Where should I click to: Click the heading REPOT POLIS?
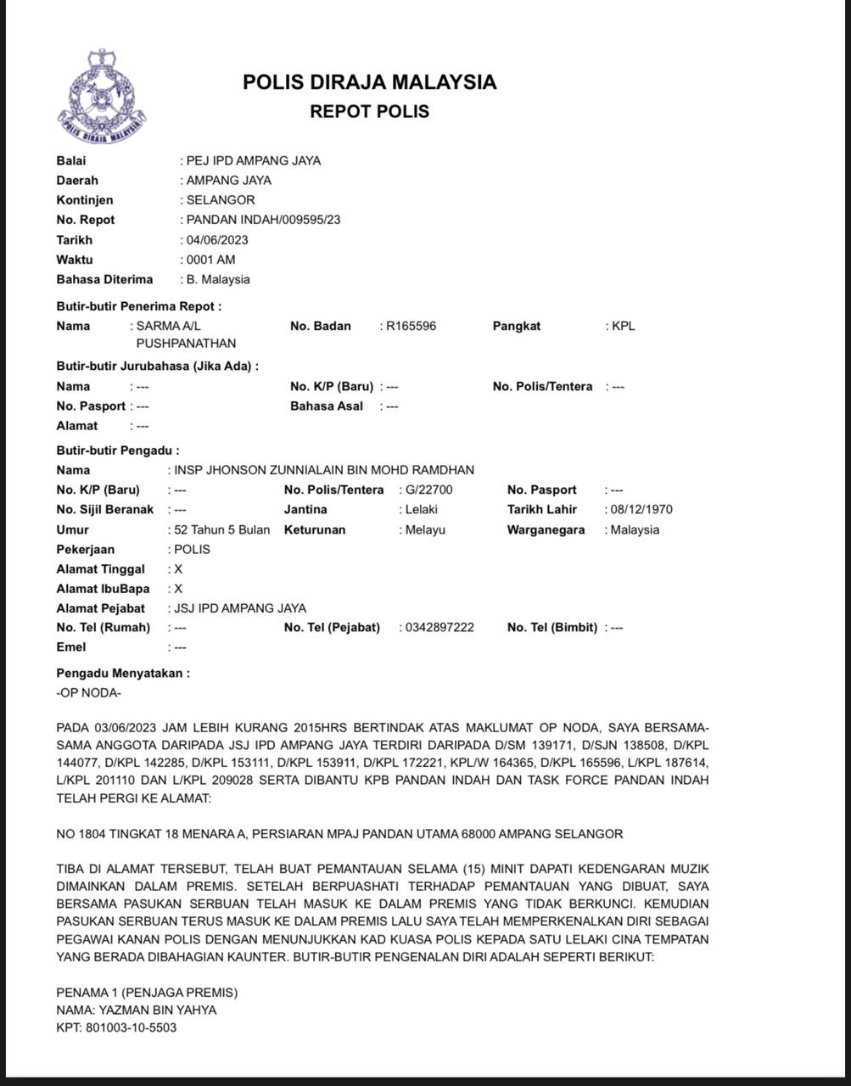pos(369,111)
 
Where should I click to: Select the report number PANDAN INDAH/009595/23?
pos(263,220)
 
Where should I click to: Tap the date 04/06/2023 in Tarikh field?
pos(217,239)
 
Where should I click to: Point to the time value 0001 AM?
pos(210,260)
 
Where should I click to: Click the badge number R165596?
pos(412,326)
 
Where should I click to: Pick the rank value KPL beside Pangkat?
pos(624,326)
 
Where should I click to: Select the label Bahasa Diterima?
pos(104,279)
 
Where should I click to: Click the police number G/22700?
pos(429,490)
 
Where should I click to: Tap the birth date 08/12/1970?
pos(641,509)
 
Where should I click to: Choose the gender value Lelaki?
pos(422,509)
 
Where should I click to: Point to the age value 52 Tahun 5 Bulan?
pos(221,529)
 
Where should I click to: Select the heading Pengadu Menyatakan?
pos(123,673)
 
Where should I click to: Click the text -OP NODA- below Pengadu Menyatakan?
pos(88,692)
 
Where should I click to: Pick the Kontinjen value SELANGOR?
pos(221,200)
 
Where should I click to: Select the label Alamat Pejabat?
pos(101,607)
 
